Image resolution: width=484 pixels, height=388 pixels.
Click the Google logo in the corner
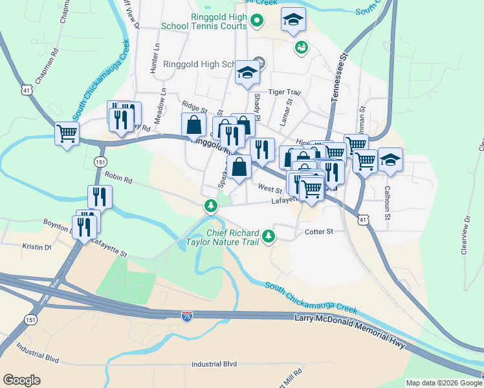click(x=22, y=380)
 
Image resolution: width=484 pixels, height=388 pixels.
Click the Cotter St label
click(x=318, y=232)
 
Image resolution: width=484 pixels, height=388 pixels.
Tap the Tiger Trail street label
click(x=285, y=92)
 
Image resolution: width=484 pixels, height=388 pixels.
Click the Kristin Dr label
click(x=36, y=247)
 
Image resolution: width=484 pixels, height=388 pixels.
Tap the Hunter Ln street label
click(x=155, y=58)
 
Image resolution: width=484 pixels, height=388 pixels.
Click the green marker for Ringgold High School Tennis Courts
click(x=257, y=20)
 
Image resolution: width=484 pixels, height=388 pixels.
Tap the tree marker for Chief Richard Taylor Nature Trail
click(x=267, y=237)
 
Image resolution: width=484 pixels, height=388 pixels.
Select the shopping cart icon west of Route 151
click(x=67, y=134)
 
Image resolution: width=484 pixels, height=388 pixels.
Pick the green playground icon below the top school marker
click(x=301, y=47)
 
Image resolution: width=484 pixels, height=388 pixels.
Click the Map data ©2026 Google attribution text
click(x=444, y=383)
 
